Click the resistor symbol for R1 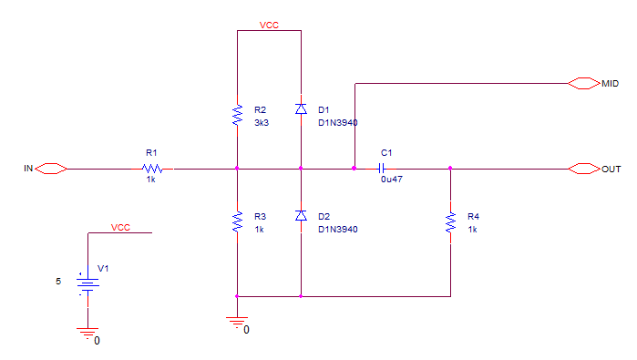(x=152, y=169)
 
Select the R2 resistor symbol (x=237, y=115)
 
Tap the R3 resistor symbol (x=237, y=221)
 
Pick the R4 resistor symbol (x=450, y=221)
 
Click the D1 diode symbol (x=301, y=108)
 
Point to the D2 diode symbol (x=301, y=216)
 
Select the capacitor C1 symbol (x=381, y=169)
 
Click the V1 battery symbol (x=87, y=283)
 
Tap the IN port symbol (x=51, y=169)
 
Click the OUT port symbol (x=584, y=169)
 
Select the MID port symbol (x=584, y=83)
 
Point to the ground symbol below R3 (x=237, y=323)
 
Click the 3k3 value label (x=262, y=123)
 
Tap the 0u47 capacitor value (x=392, y=180)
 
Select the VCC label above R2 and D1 (x=269, y=26)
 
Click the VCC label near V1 (x=120, y=228)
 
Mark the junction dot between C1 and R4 (x=450, y=169)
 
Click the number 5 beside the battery (x=58, y=282)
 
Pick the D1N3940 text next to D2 (x=337, y=230)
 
